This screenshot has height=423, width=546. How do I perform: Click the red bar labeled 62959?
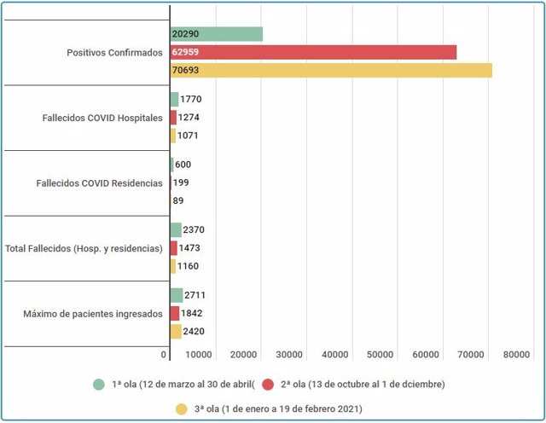[x=313, y=52]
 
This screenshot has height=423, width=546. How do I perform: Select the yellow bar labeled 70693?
[x=331, y=70]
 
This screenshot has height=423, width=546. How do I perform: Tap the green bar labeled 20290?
[x=216, y=34]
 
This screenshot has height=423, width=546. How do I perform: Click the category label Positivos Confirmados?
[x=114, y=52]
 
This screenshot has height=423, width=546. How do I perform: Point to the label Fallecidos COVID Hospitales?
[x=102, y=118]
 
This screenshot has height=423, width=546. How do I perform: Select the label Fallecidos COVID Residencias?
[x=100, y=183]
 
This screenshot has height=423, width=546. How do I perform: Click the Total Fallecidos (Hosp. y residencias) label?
[x=84, y=248]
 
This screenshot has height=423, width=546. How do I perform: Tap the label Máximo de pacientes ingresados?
[x=93, y=314]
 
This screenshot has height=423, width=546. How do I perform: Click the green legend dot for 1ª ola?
[x=99, y=384]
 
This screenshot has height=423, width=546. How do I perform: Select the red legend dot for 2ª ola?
[x=268, y=384]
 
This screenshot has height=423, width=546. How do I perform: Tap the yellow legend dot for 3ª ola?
[x=181, y=409]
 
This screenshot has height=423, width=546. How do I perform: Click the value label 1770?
[x=191, y=100]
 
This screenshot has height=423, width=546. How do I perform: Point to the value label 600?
[x=183, y=165]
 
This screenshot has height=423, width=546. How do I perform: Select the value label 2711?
[x=195, y=295]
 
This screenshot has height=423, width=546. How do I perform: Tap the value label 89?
[x=178, y=200]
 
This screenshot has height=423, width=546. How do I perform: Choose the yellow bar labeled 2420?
[x=176, y=332]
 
